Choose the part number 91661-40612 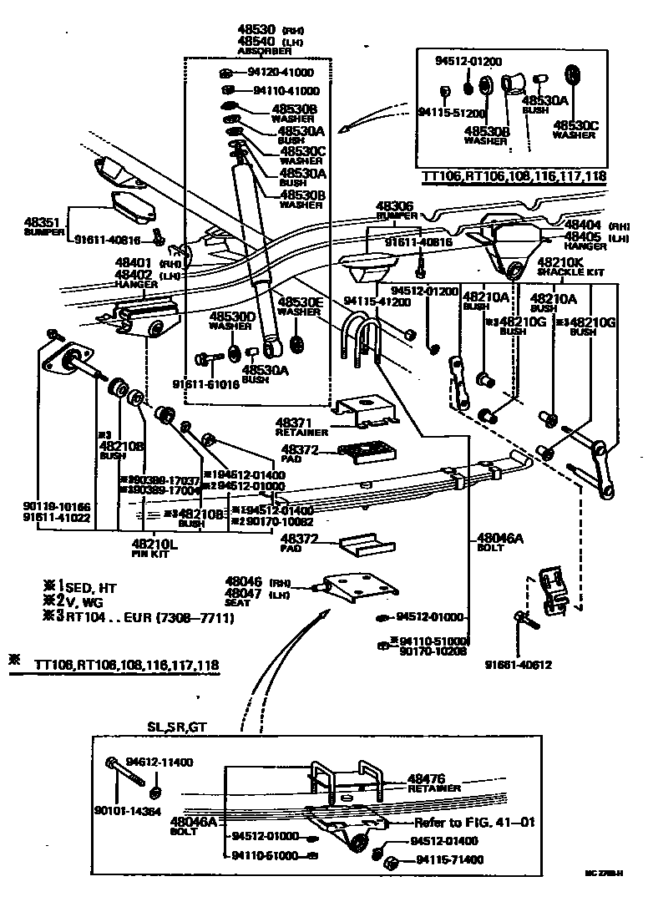520,665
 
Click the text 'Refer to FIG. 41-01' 473,822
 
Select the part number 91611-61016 205,384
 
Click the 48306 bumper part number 393,205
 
